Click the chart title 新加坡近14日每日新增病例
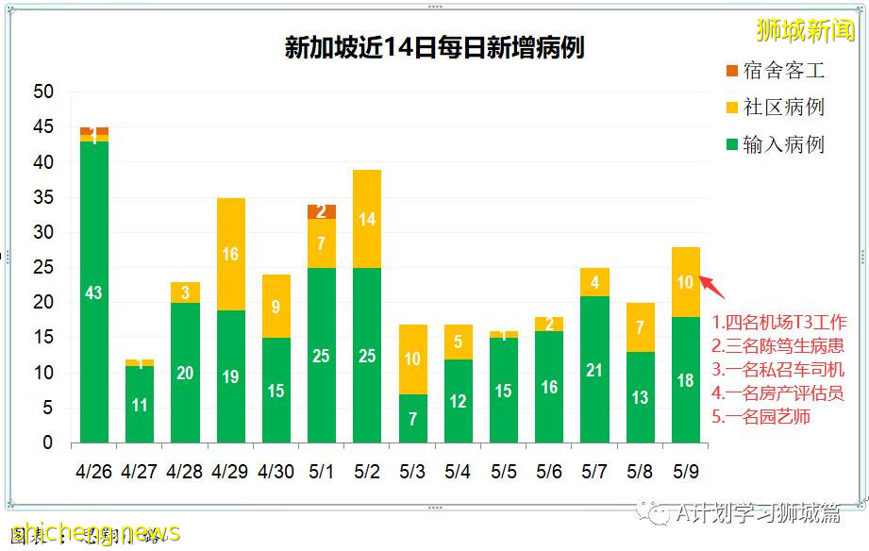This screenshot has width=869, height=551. [434, 47]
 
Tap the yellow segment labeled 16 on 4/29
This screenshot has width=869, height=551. [231, 255]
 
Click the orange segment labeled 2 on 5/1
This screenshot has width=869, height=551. [322, 211]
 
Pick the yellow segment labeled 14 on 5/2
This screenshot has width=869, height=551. [367, 219]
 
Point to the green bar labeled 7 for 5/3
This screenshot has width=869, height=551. [412, 418]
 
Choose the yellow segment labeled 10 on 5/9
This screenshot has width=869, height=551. [685, 282]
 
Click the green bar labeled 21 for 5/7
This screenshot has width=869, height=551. [594, 369]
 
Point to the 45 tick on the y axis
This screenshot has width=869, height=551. [43, 127]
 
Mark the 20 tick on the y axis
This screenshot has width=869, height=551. [43, 303]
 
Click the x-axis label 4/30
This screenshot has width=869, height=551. [276, 469]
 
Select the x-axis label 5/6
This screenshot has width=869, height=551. [549, 469]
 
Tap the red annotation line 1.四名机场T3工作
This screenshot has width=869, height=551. [779, 322]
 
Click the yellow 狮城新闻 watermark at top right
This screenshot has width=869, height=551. [805, 30]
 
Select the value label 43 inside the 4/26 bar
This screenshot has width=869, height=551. [94, 293]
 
